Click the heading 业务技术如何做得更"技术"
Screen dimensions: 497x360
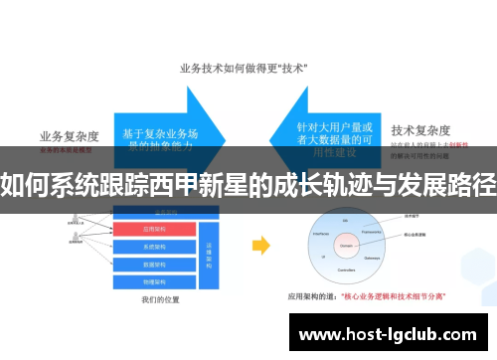243,69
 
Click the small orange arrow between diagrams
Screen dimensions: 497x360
261,245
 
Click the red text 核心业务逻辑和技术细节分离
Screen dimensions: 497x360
395,296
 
